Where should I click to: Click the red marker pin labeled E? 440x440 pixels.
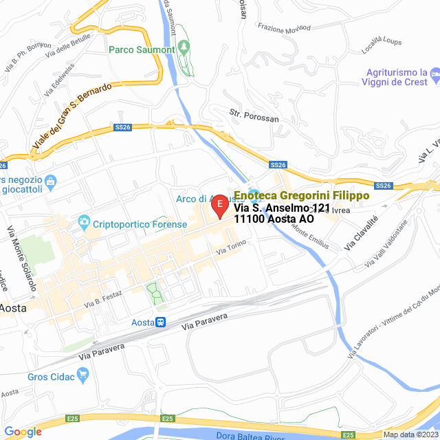click(219, 205)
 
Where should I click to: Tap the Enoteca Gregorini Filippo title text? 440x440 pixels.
click(302, 195)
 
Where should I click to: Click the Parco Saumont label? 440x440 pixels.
click(141, 49)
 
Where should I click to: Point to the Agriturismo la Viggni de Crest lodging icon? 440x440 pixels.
click(434, 72)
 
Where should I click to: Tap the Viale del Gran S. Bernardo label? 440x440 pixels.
click(71, 118)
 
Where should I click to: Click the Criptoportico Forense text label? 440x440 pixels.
click(140, 225)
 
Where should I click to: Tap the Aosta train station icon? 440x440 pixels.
click(160, 322)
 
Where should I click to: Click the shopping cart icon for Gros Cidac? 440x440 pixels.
click(84, 375)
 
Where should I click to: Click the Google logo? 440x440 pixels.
click(23, 432)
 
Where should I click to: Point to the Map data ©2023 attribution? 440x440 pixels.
click(410, 434)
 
